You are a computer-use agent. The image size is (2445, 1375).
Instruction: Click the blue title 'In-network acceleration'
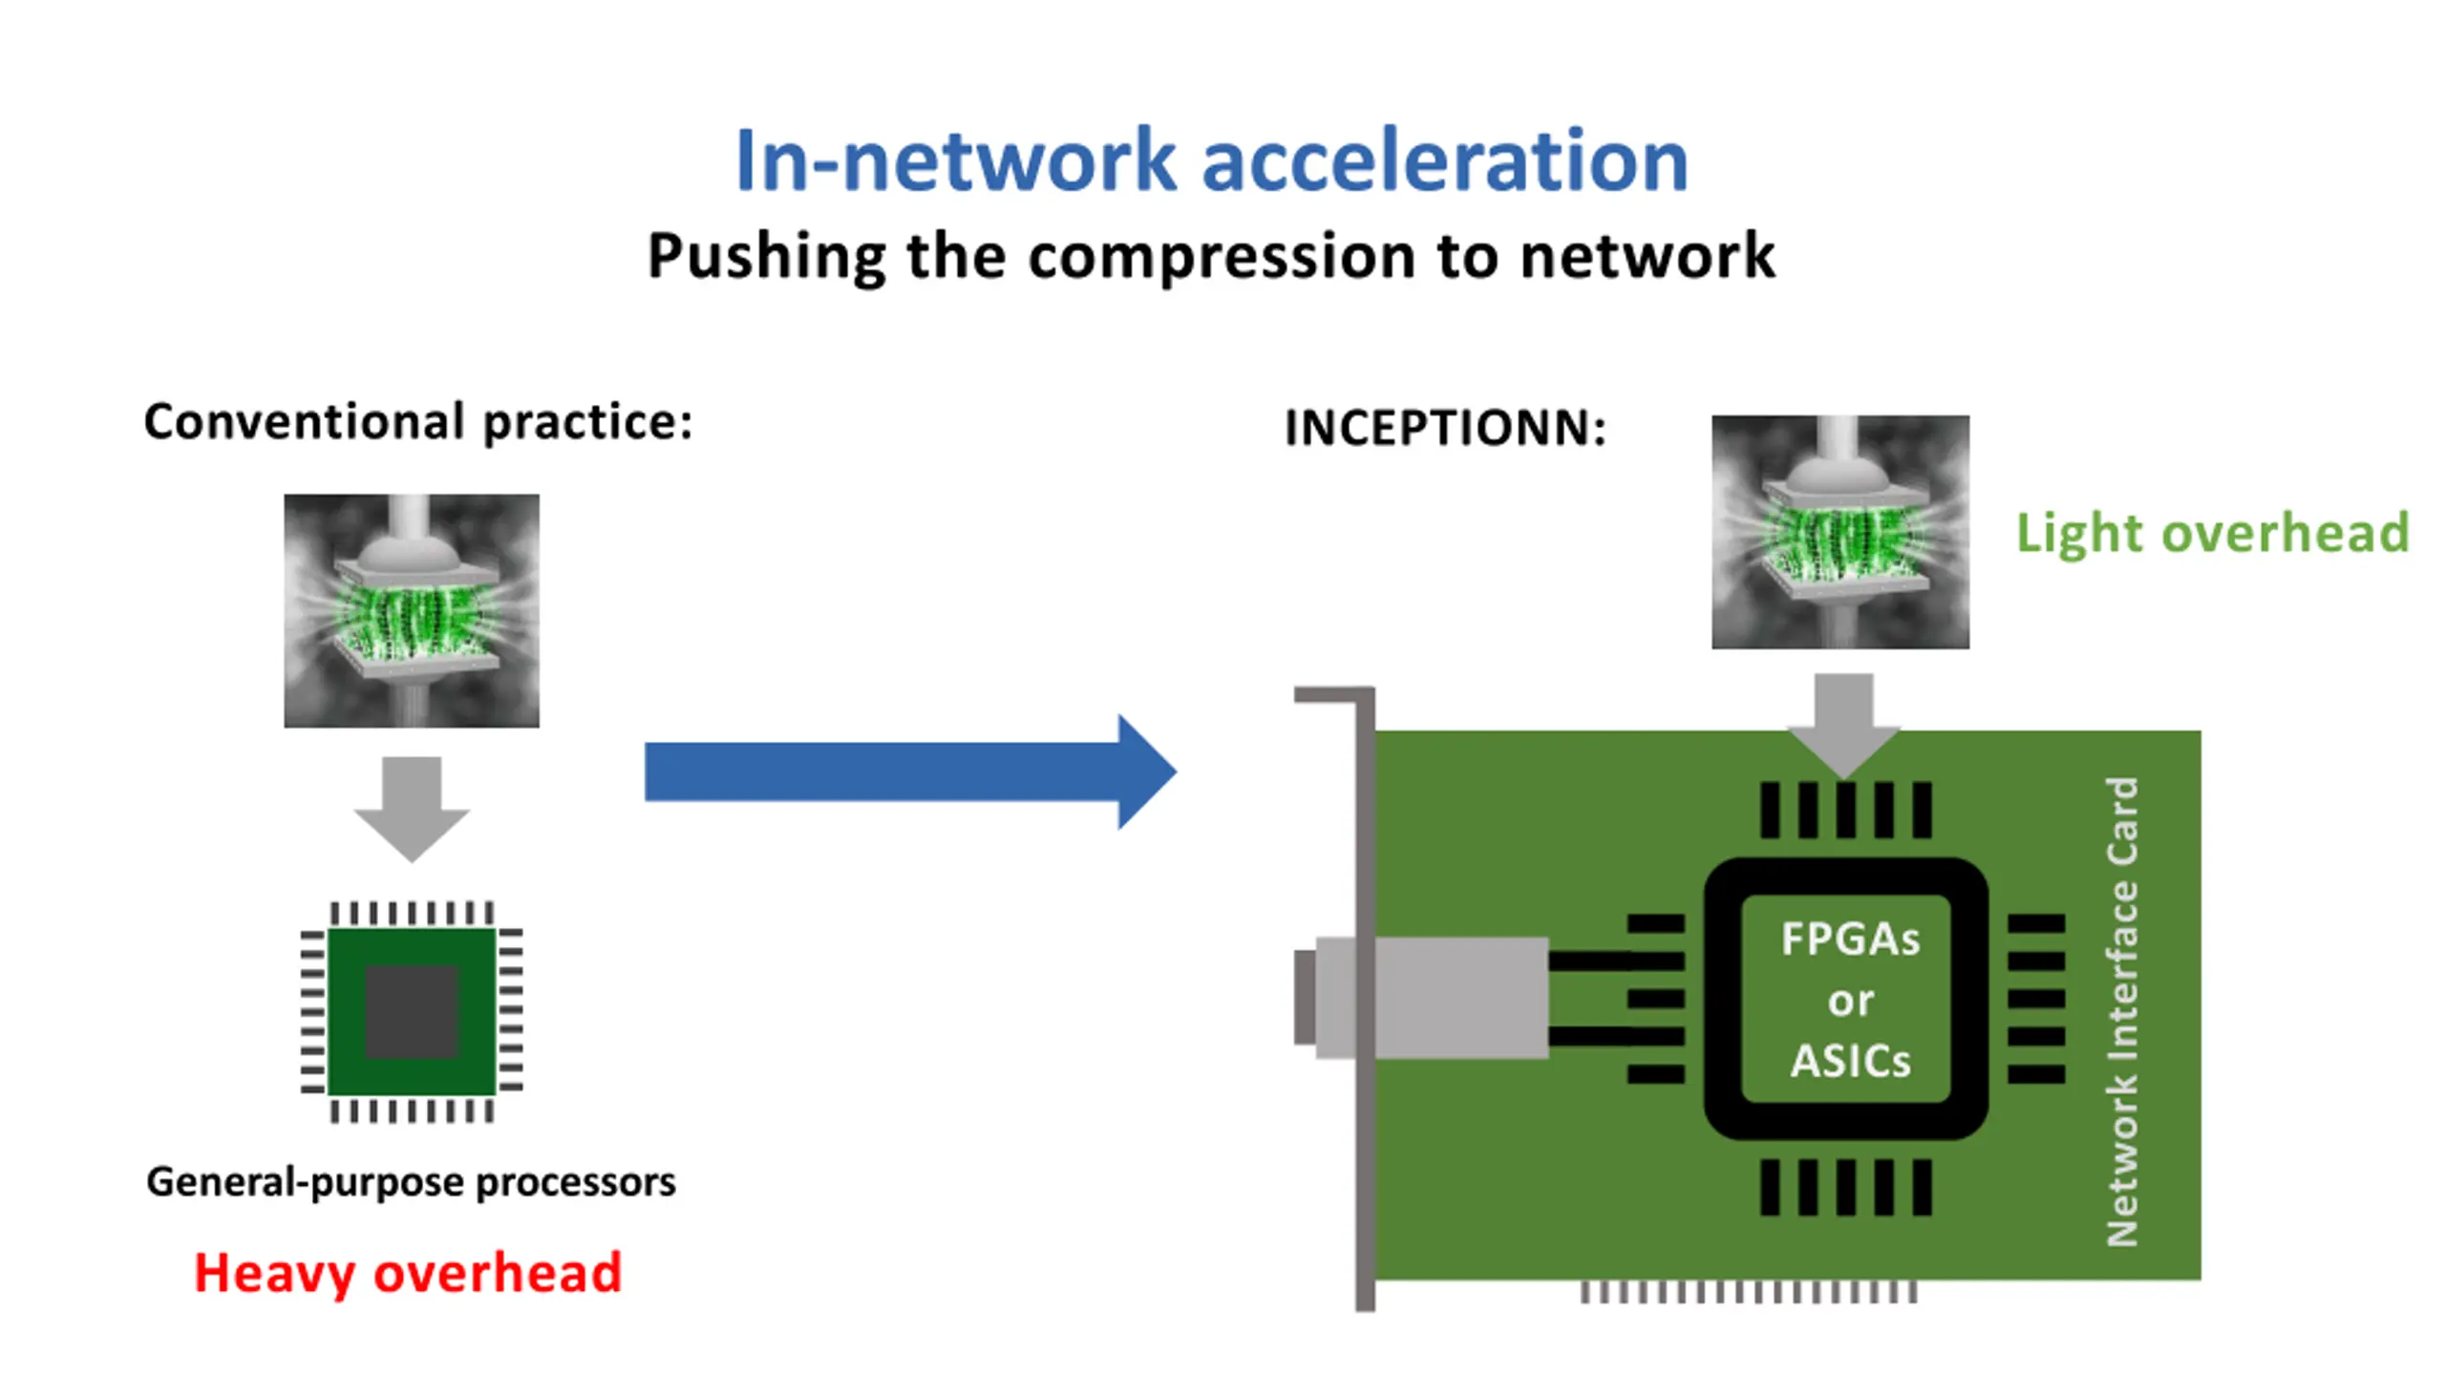point(1211,160)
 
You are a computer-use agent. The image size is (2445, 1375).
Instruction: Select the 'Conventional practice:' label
point(418,422)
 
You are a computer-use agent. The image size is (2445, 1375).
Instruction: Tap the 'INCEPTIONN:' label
point(1445,428)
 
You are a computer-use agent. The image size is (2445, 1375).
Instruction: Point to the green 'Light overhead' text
point(2213,532)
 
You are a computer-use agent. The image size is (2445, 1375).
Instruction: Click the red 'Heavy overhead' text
point(408,1274)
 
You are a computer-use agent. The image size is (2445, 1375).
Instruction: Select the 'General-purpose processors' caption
point(411,1182)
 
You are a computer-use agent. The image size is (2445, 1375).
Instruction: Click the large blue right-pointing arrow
point(910,772)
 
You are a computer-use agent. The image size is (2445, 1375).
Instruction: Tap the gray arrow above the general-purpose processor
point(412,809)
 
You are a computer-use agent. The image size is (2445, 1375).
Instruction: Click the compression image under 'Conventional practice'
point(412,611)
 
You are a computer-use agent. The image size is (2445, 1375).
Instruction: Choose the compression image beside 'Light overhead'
point(1840,532)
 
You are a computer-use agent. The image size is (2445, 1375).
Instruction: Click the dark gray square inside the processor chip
point(412,1011)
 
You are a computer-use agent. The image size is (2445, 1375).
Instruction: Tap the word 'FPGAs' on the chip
point(1850,940)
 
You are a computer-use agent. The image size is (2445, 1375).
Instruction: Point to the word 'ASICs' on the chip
point(1850,1061)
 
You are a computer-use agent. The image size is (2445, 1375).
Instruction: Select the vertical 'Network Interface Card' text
point(2121,1012)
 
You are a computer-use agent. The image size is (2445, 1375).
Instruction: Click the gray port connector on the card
point(1421,998)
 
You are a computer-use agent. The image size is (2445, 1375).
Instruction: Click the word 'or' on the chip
point(1850,1002)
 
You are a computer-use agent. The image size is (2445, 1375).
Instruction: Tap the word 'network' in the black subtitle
point(1648,256)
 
